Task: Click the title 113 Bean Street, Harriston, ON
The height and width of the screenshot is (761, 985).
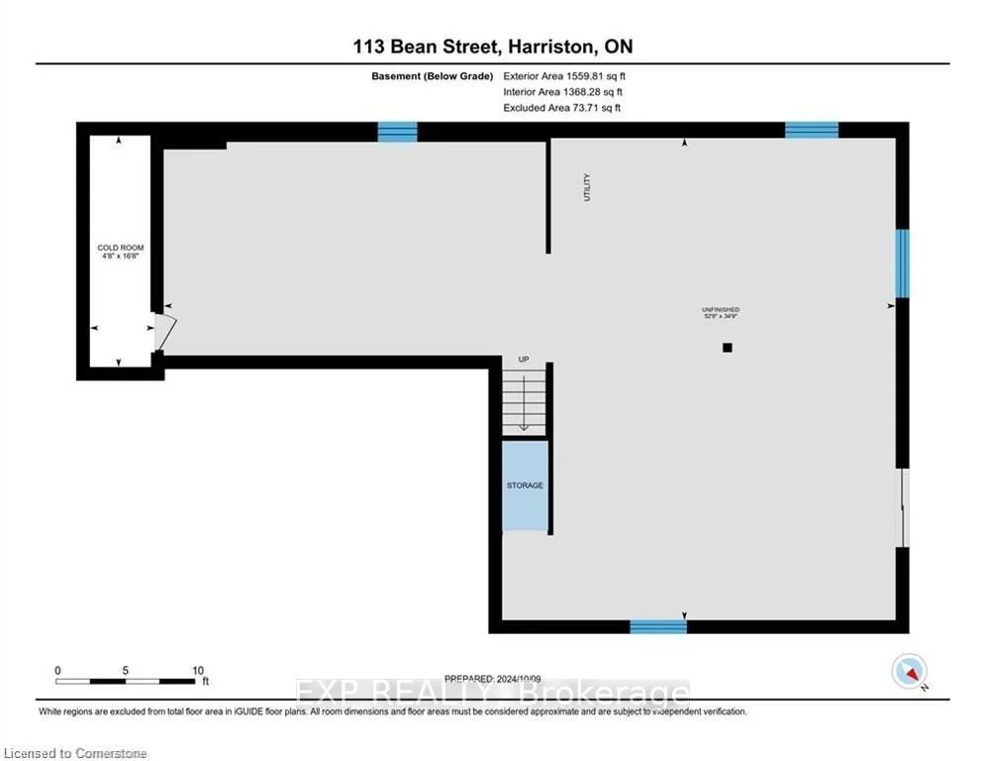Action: click(x=492, y=47)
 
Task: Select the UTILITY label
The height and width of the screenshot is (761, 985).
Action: click(x=586, y=188)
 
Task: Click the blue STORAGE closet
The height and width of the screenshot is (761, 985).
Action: click(x=525, y=486)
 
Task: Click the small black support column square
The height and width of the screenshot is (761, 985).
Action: click(x=728, y=348)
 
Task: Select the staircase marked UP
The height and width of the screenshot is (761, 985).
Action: click(x=524, y=400)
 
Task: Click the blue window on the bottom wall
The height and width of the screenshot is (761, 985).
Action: click(x=658, y=625)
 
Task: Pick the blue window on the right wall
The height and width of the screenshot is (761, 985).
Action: click(x=902, y=263)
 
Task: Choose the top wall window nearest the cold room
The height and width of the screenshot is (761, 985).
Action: click(x=397, y=132)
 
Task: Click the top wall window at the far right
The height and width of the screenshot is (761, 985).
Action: click(x=812, y=130)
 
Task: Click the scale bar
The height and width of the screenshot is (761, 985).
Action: click(x=125, y=681)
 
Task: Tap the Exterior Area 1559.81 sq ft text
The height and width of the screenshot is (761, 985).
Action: click(x=565, y=75)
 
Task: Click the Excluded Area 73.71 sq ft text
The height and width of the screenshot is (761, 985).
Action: click(x=562, y=107)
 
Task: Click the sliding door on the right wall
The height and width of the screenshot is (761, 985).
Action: click(x=901, y=506)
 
